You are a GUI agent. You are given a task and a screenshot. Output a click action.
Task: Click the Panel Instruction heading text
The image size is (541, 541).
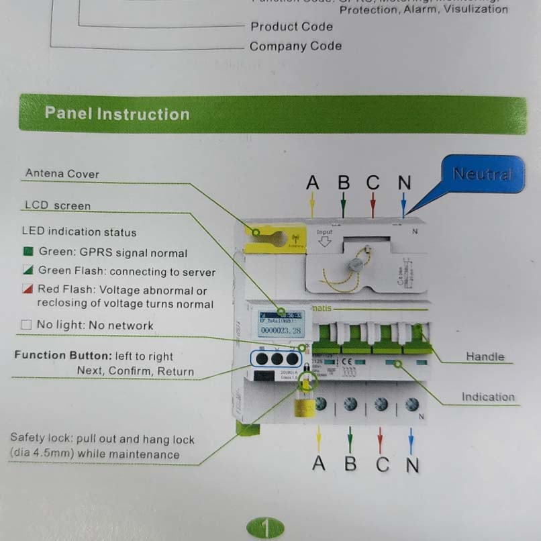coord(117,113)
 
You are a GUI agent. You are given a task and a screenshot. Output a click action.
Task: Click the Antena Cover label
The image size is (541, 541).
coord(62,174)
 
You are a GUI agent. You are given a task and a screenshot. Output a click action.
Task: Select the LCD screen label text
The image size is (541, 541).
coord(57,206)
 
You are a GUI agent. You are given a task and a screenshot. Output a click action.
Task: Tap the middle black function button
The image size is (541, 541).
coord(275,358)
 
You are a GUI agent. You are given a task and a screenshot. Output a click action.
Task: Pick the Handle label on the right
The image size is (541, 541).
coord(485,356)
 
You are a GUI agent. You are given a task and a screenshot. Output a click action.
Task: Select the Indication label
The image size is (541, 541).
coord(487,397)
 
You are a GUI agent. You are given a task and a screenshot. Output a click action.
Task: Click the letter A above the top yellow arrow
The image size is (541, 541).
coord(312,182)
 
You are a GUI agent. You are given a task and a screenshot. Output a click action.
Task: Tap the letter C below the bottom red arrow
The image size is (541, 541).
coord(382,464)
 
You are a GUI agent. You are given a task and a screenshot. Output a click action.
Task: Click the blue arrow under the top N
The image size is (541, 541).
coord(403,203)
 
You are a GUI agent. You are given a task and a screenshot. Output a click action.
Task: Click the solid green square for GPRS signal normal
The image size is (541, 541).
coord(28,253)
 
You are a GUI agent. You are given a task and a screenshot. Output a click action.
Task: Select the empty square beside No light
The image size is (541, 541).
coord(27,325)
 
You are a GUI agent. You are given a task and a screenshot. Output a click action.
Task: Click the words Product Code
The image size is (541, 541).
coord(291,27)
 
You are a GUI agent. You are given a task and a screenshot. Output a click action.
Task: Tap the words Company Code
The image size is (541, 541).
coord(295,46)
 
